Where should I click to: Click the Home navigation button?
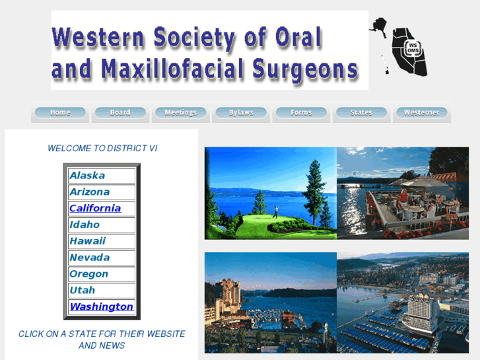click(60, 113)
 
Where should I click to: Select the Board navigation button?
click(120, 113)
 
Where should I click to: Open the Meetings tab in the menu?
click(180, 113)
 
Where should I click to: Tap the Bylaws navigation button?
click(241, 113)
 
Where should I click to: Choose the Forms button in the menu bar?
click(301, 113)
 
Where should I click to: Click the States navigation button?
click(361, 113)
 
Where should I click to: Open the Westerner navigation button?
click(421, 113)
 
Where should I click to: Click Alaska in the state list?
click(87, 176)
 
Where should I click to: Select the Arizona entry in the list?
click(90, 192)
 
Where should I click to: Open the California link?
click(95, 208)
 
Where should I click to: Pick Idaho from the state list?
click(85, 225)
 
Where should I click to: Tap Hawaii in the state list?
click(87, 241)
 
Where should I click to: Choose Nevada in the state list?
click(90, 258)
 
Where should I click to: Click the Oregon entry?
click(88, 274)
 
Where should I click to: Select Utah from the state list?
click(83, 290)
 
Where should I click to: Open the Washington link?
click(101, 306)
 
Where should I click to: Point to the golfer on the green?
click(275, 211)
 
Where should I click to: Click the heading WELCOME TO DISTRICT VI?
click(102, 149)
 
